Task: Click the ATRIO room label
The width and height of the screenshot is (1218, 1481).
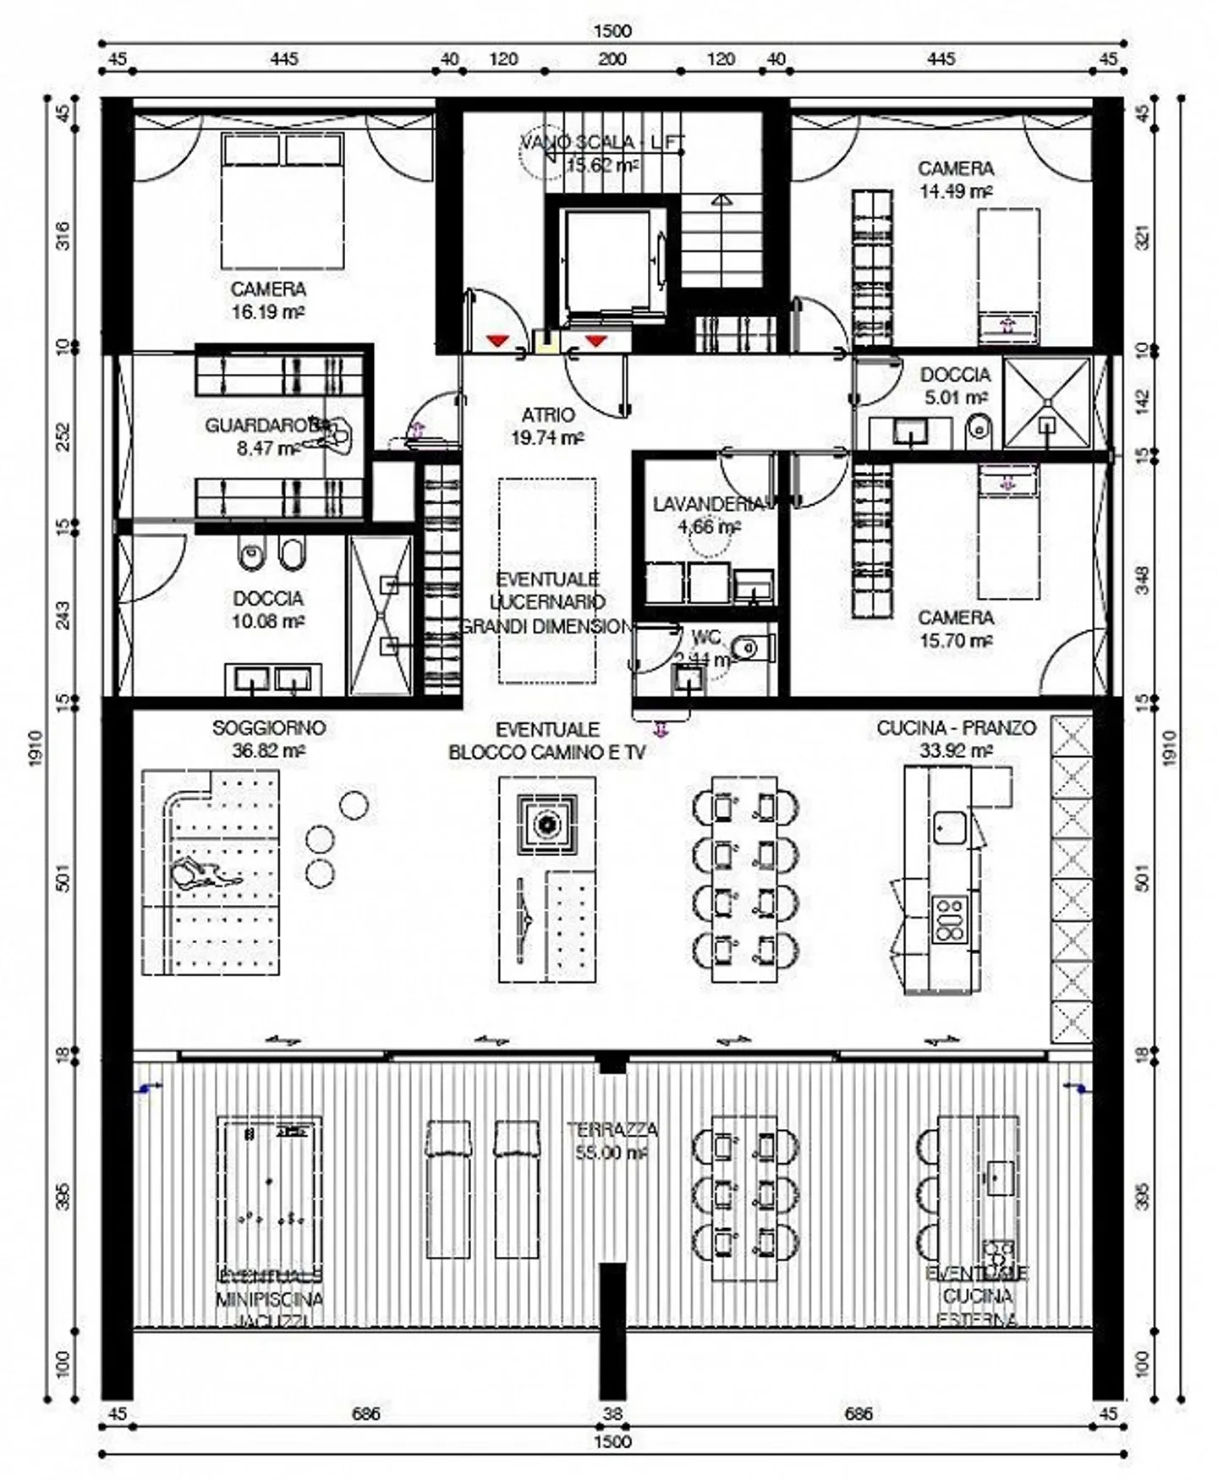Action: click(x=547, y=414)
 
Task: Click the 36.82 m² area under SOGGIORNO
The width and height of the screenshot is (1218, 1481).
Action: click(x=268, y=750)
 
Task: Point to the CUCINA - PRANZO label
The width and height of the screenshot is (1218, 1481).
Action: click(x=956, y=727)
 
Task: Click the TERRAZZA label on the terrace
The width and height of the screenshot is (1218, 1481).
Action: click(x=612, y=1129)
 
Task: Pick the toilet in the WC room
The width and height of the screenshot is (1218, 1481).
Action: click(x=749, y=649)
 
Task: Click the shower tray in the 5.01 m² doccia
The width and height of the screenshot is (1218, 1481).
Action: click(x=1047, y=403)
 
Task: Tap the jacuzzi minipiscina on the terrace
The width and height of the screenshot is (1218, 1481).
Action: click(x=269, y=1191)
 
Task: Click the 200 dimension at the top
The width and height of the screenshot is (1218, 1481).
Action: click(x=612, y=59)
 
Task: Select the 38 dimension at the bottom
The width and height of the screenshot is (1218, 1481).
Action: click(x=612, y=1413)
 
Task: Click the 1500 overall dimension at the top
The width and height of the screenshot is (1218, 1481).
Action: click(x=612, y=31)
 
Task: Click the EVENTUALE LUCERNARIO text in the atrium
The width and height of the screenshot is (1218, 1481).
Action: click(x=547, y=590)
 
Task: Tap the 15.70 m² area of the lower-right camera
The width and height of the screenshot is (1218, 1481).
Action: click(x=956, y=640)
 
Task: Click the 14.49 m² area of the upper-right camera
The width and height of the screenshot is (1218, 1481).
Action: click(x=956, y=191)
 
